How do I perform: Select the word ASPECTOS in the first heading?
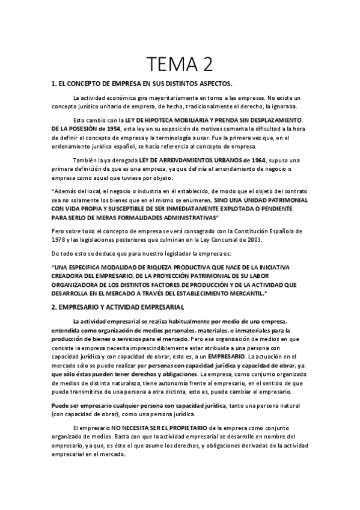point(213,83)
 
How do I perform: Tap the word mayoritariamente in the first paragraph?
point(157,97)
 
